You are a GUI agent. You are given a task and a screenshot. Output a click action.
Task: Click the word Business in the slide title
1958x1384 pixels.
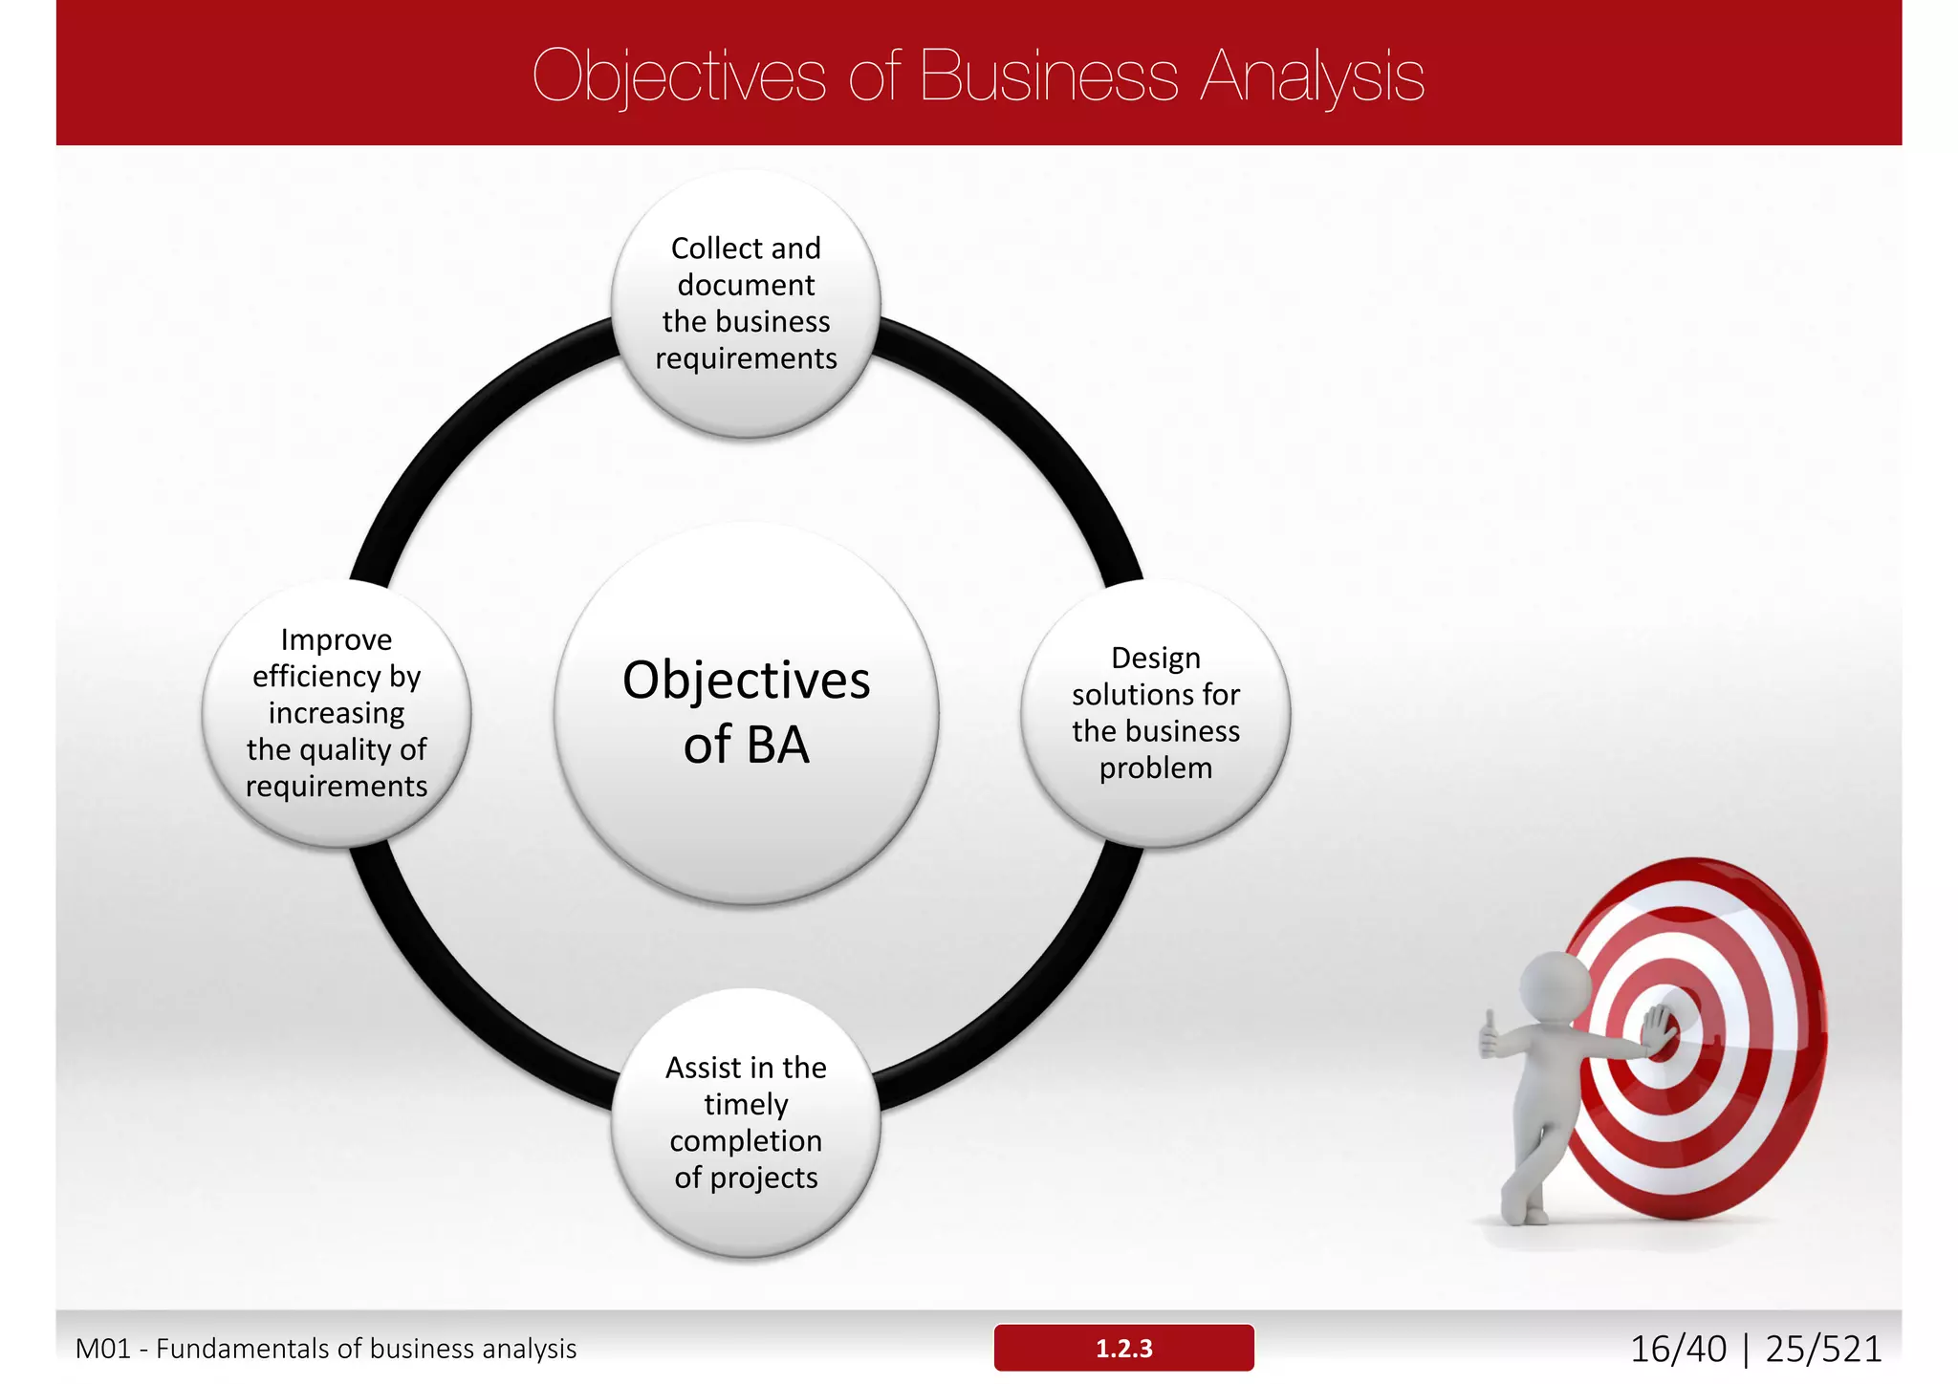coord(1048,76)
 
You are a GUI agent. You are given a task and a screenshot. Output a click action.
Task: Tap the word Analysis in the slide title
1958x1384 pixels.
coord(1312,76)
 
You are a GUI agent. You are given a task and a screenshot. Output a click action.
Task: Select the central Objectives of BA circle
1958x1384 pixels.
coord(746,712)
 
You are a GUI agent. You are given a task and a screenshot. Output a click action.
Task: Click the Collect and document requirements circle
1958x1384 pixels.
coord(746,303)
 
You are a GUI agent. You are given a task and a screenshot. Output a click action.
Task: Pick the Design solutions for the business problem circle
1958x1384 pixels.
coord(1155,713)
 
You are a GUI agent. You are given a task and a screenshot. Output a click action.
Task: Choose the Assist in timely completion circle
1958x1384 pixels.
coord(746,1122)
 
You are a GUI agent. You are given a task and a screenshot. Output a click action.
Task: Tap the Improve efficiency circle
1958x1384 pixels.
coord(337,713)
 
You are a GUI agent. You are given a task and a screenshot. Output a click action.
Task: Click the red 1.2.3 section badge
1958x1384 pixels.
coord(1123,1348)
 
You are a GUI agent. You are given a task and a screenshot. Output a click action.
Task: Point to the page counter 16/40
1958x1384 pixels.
coord(1678,1349)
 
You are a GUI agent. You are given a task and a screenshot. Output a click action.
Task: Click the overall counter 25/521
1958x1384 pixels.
coord(1823,1349)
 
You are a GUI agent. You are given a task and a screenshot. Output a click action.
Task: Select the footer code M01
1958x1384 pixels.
coord(102,1349)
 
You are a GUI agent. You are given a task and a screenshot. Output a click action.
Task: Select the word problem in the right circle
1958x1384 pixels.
coord(1155,768)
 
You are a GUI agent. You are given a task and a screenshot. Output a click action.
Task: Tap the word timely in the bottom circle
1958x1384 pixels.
coord(746,1104)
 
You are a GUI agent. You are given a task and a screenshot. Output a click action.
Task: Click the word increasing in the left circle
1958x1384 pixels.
coord(337,713)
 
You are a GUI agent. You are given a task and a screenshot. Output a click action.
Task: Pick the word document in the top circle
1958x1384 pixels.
coord(746,285)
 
